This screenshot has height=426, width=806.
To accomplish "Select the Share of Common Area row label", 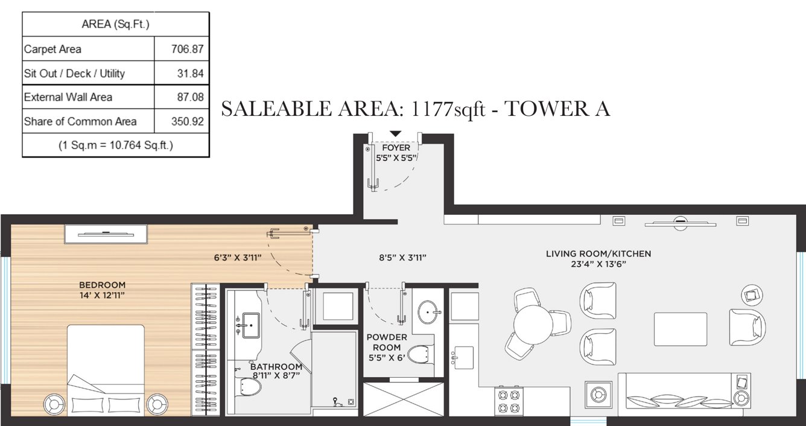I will click(x=80, y=121).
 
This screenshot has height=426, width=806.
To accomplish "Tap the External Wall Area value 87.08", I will click(x=187, y=97).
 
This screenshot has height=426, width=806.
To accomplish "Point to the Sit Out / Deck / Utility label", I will click(x=74, y=74).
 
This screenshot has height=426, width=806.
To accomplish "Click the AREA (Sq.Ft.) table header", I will click(x=115, y=25).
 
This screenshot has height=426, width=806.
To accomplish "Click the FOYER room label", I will click(x=396, y=148).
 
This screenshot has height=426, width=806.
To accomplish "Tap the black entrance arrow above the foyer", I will click(x=395, y=133).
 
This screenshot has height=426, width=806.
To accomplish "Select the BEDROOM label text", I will click(x=102, y=285).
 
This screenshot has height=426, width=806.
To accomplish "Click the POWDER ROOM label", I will click(x=386, y=342).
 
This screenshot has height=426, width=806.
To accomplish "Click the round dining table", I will click(x=533, y=324).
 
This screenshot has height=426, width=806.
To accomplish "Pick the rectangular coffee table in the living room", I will click(x=681, y=329).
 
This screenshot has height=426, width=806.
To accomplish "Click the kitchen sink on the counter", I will click(x=463, y=357).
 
